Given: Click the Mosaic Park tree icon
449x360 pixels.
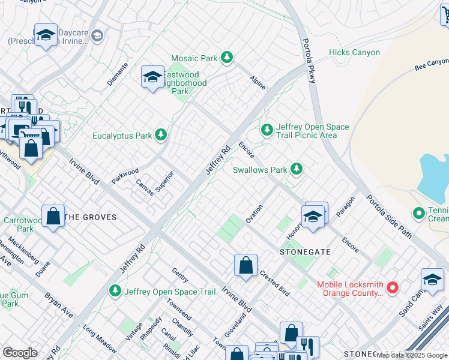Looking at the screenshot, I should click(x=226, y=58).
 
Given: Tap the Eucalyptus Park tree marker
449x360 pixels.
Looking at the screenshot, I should click(x=160, y=136).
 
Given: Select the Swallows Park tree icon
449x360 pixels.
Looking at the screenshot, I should click(x=295, y=170).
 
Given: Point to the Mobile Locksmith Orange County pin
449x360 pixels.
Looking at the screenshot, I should click(x=393, y=289).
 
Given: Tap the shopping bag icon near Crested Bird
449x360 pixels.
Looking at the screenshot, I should click(x=246, y=266).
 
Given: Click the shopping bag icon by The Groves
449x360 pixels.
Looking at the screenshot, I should click(x=53, y=217).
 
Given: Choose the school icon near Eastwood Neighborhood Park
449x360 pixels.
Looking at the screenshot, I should click(x=152, y=77).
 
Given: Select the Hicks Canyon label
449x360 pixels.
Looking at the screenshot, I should click(x=354, y=53).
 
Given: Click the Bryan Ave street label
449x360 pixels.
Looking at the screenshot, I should click(x=58, y=306).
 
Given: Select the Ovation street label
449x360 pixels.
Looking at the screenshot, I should click(x=254, y=213).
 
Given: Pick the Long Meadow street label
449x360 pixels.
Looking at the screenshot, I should click(x=99, y=338).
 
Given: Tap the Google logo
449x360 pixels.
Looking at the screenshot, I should click(x=20, y=353).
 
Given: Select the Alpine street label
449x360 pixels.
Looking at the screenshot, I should click(x=258, y=83).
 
